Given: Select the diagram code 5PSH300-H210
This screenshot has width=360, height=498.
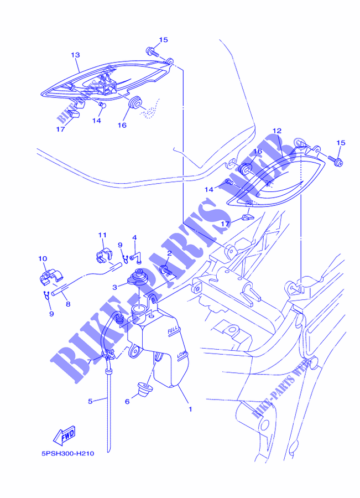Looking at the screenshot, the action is [x=67, y=454].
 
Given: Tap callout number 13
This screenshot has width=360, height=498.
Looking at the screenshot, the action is [x=75, y=55].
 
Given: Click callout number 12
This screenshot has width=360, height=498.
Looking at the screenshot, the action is [x=277, y=131].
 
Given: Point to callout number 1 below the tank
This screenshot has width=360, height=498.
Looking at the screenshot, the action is [x=190, y=409].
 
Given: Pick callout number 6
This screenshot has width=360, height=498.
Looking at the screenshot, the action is [x=127, y=402].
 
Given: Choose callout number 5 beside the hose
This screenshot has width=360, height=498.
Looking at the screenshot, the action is [x=90, y=402].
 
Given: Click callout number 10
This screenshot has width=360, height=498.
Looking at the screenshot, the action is [x=43, y=258].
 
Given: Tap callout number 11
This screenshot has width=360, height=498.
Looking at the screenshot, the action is [x=102, y=235].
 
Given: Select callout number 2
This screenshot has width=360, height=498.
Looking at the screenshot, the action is [x=169, y=253].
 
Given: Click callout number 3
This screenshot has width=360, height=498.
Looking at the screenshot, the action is [x=115, y=287].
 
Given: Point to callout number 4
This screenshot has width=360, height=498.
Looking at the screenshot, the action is [x=134, y=237].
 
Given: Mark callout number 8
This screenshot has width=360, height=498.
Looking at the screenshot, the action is [x=68, y=304].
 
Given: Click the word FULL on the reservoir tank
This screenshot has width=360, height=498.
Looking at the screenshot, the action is [x=173, y=330].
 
